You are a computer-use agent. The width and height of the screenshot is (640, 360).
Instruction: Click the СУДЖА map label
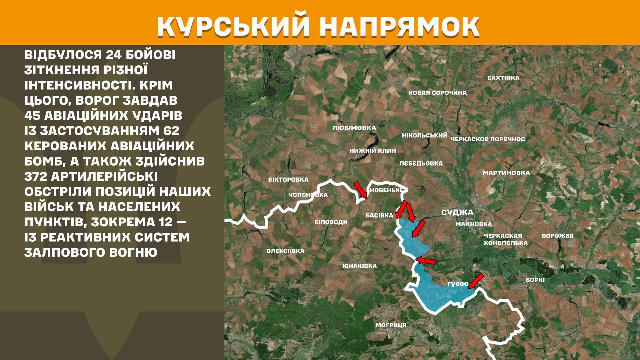click(x=457, y=213)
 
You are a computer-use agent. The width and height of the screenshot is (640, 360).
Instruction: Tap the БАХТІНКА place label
click(x=503, y=78)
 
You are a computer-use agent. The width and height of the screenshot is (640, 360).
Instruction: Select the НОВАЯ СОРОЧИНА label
click(x=437, y=93)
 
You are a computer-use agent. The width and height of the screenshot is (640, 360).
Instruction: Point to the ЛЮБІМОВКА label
click(x=354, y=128)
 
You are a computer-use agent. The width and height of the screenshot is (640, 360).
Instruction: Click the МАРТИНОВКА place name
click(x=506, y=173)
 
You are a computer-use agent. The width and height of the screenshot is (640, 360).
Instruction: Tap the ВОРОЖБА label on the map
click(x=558, y=236)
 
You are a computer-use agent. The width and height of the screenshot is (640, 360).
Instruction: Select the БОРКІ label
click(x=535, y=280)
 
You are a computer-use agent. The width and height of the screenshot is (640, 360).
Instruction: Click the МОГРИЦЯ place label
click(x=391, y=325)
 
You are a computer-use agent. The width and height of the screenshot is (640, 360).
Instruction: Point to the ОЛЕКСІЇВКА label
click(x=285, y=251)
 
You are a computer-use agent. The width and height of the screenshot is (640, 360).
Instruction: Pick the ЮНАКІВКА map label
click(x=360, y=266)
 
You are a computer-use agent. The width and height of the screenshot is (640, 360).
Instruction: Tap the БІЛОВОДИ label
click(x=331, y=222)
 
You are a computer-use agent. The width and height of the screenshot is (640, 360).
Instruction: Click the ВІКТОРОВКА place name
click(x=288, y=180)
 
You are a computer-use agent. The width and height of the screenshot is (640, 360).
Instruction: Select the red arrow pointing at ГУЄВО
click(x=476, y=281)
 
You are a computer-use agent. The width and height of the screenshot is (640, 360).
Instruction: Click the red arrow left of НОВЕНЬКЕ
click(x=360, y=190)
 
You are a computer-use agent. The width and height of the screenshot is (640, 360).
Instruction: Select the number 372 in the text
click(x=36, y=176)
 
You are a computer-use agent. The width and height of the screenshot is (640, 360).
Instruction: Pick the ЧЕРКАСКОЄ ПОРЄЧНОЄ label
click(x=488, y=139)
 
